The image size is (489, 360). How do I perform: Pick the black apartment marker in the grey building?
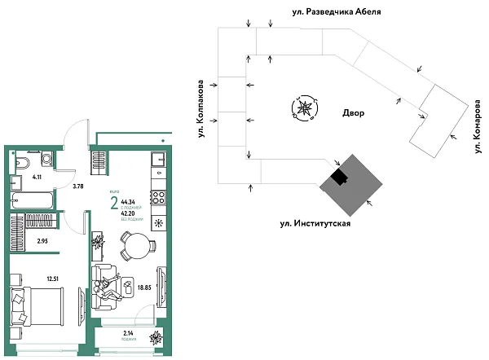[338, 176]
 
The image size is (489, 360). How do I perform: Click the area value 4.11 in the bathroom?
[37, 176]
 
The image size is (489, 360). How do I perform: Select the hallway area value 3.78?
[78, 187]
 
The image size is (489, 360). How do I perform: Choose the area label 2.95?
[42, 242]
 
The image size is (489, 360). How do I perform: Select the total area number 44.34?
[128, 200]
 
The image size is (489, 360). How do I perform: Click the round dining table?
[136, 244]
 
